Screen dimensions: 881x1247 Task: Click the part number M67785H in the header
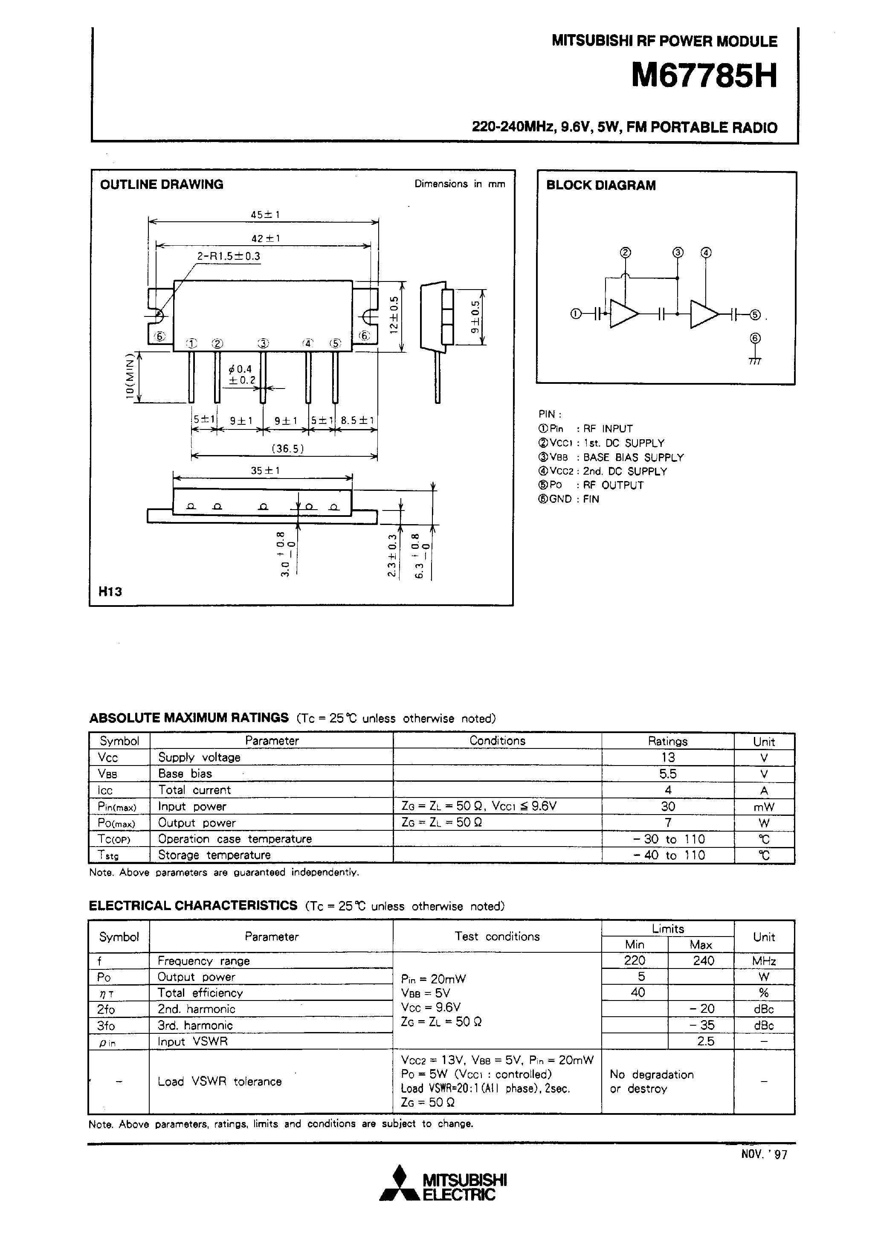(704, 75)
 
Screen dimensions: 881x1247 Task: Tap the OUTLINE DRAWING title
(161, 185)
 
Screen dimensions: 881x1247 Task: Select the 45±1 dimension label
(265, 215)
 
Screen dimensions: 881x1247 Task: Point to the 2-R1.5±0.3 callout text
(228, 256)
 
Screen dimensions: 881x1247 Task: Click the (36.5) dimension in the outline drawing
(287, 449)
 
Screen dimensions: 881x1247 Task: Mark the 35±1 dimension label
(265, 471)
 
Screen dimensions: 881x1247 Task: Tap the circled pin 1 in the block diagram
(576, 313)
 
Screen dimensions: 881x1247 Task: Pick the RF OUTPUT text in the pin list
(613, 485)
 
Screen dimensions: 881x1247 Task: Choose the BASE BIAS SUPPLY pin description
(633, 457)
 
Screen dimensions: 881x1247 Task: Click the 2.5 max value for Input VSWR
(705, 1041)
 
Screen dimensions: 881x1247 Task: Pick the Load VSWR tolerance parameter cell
(220, 1082)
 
